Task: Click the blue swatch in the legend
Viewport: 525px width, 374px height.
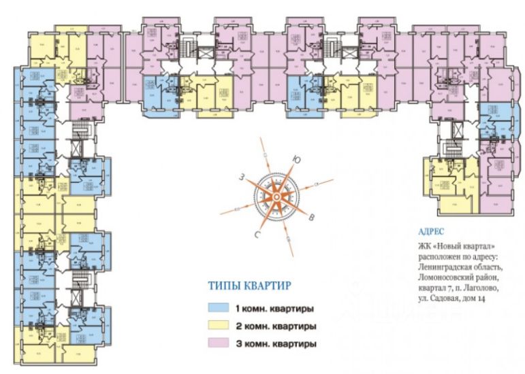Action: tap(219, 307)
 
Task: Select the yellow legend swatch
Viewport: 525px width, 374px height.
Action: tap(219, 325)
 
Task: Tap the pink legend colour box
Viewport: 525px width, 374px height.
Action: tap(219, 343)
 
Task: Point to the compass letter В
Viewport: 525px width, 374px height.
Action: tap(311, 218)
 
